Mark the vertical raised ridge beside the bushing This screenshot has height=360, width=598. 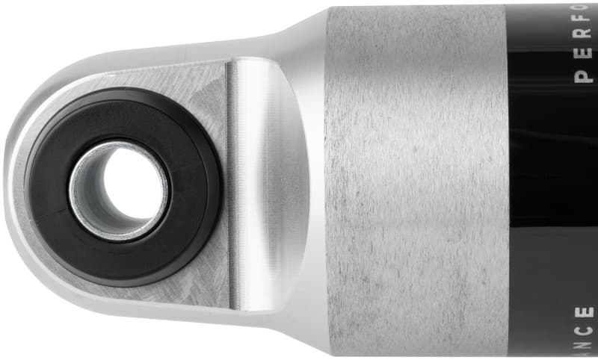pyautogui.click(x=233, y=187)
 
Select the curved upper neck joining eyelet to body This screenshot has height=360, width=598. pyautogui.click(x=299, y=34)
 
